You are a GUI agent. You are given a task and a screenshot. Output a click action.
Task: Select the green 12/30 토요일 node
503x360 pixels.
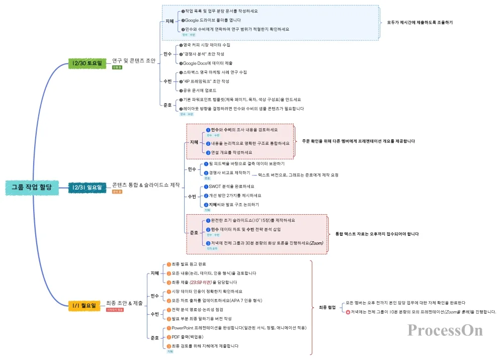tap(87, 63)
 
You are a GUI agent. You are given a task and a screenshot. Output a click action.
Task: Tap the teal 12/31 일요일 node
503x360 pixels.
tap(87, 187)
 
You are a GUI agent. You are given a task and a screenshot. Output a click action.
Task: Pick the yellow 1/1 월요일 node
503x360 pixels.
tap(83, 305)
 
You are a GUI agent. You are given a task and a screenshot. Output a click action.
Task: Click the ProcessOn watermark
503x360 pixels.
tap(445, 330)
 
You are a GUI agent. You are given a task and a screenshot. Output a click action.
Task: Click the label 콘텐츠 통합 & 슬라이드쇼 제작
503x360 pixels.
tap(146, 185)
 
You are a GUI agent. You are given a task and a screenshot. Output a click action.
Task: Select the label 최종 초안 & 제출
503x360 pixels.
tap(124, 303)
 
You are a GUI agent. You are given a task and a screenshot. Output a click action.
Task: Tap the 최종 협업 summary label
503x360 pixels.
tap(327, 307)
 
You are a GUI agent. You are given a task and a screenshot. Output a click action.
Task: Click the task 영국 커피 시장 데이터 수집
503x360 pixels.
tap(207, 45)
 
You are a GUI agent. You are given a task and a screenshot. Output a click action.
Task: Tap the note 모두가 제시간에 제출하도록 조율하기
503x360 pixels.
tap(420, 23)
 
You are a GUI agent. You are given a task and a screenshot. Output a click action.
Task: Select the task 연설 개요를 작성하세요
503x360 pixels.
tap(231, 152)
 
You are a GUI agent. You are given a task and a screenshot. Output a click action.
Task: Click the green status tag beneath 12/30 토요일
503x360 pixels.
tap(117, 67)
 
